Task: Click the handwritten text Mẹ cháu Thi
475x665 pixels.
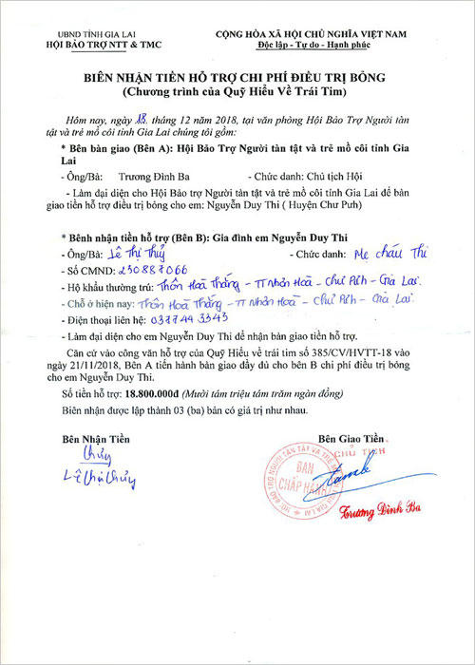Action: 377,255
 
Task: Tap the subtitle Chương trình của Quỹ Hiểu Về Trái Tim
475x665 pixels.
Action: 237,97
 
